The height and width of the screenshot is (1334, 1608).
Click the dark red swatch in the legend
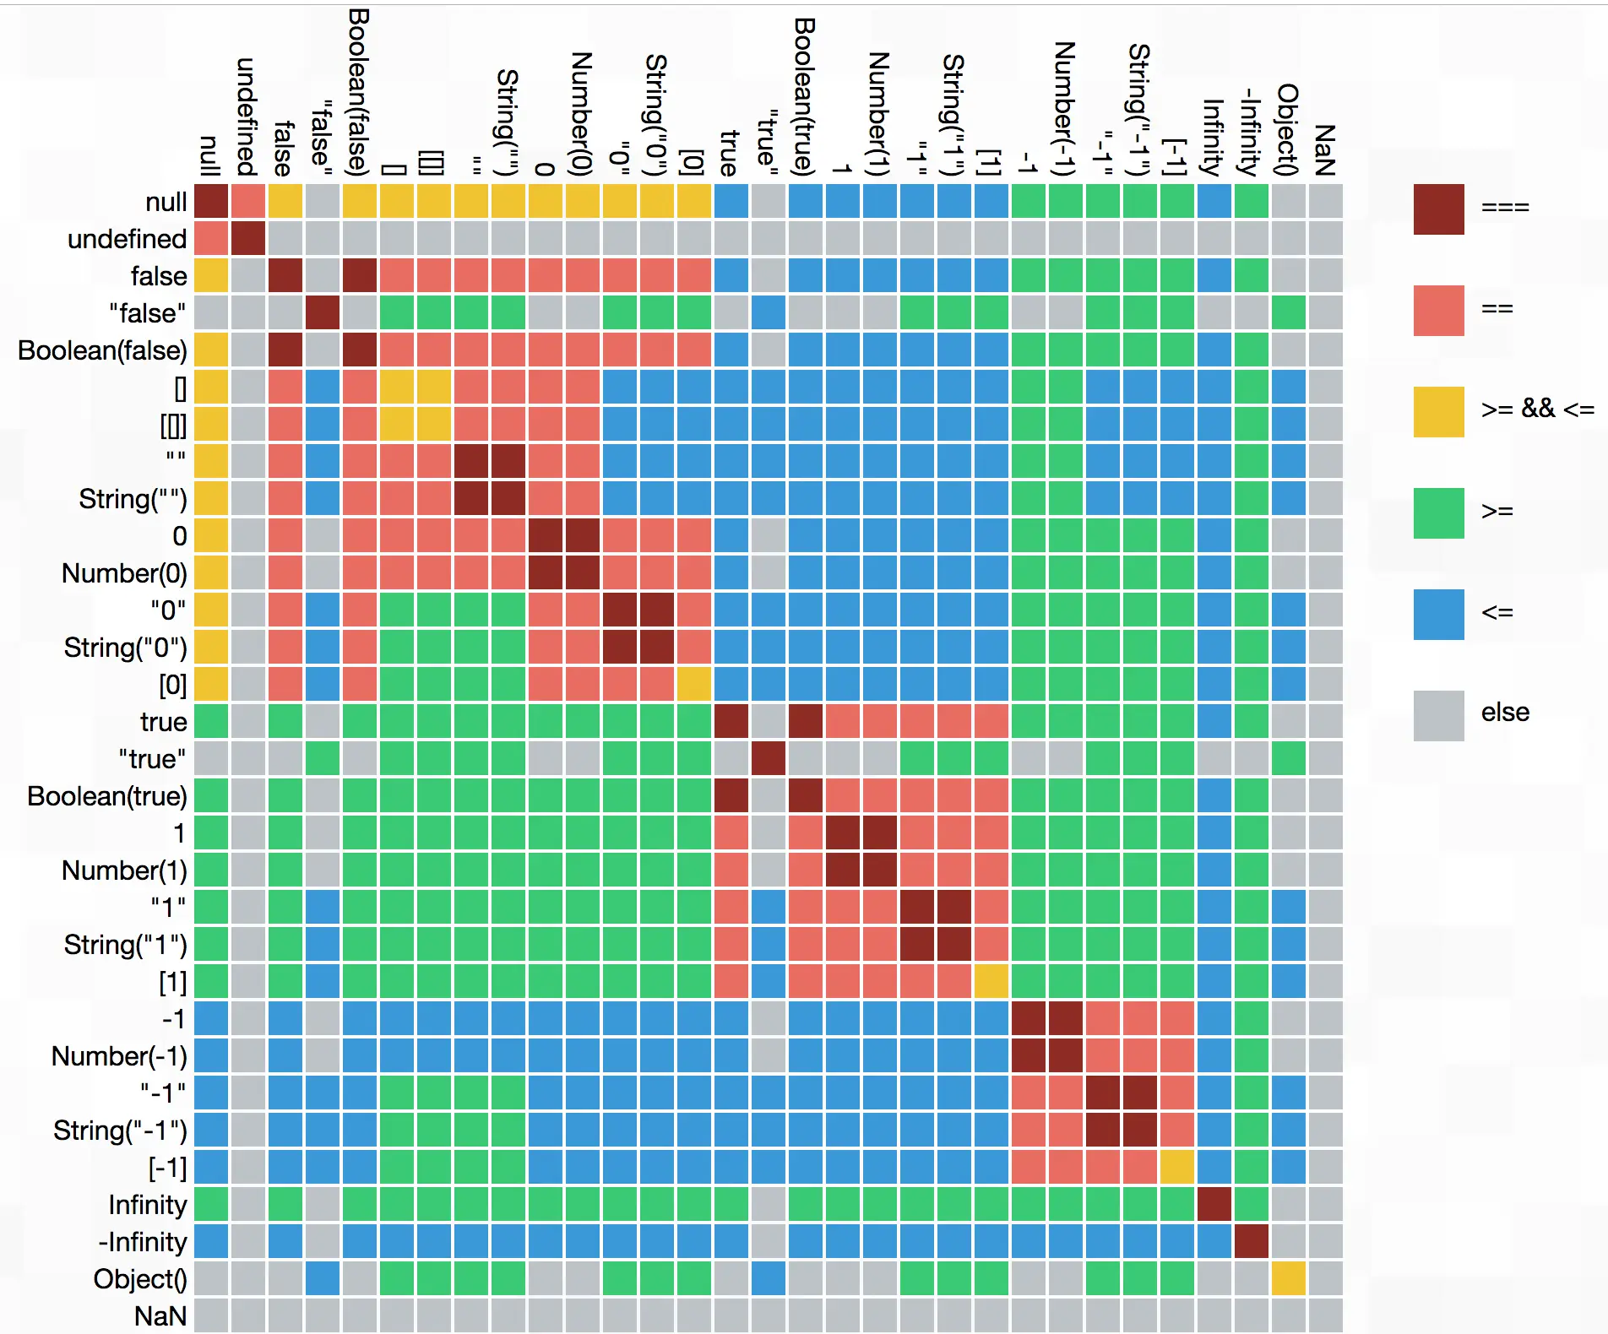(x=1438, y=209)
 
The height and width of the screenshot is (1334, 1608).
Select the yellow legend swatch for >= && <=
(x=1438, y=411)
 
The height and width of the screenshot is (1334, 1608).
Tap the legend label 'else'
(x=1505, y=712)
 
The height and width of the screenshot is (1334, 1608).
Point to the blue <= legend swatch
(x=1438, y=614)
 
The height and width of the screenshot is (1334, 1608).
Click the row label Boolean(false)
(x=102, y=350)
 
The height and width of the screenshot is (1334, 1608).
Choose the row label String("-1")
(x=120, y=1131)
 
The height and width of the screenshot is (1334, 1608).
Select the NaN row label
(x=160, y=1316)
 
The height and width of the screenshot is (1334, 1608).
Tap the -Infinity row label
(x=143, y=1242)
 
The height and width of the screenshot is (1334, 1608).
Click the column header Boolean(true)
(x=805, y=97)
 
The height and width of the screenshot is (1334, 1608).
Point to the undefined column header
(x=247, y=117)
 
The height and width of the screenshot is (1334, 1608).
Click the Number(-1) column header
(x=1065, y=108)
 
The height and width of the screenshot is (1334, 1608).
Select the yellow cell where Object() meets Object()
(x=1288, y=1278)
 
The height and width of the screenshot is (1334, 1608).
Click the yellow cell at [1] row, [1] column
(x=991, y=981)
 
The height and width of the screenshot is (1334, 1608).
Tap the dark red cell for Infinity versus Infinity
(x=1214, y=1204)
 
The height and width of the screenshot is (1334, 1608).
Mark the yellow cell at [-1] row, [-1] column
(x=1176, y=1167)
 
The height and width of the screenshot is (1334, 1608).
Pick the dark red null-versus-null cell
(x=211, y=201)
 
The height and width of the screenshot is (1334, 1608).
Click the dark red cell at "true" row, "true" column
(x=768, y=758)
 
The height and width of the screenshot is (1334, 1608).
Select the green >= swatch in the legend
(x=1438, y=512)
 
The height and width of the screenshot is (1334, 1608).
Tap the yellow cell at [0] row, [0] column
(x=693, y=684)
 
